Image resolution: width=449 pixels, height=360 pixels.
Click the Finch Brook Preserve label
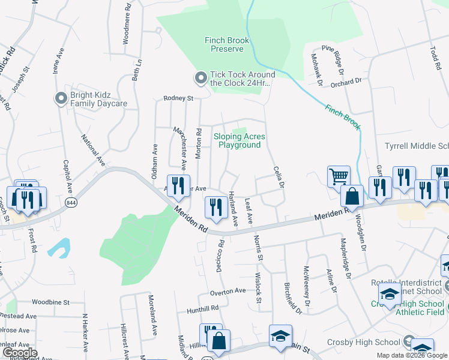click(227, 45)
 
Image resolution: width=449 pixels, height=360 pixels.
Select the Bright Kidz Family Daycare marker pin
click(59, 98)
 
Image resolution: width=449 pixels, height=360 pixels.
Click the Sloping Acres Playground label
click(240, 140)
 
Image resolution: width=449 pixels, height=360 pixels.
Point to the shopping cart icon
click(339, 177)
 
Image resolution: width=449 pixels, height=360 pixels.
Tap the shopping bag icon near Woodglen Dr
click(352, 196)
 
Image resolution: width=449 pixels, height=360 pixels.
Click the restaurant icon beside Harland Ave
click(215, 207)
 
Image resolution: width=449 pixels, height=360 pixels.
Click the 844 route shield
click(71, 200)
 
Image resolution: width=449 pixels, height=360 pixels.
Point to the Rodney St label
click(178, 98)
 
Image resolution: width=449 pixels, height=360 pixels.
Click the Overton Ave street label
click(228, 291)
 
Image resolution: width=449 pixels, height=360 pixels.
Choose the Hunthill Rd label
click(202, 308)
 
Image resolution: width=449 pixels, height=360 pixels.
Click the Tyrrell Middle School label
click(417, 146)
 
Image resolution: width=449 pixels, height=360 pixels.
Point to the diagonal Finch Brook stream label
click(343, 117)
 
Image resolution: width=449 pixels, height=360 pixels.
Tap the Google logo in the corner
click(19, 353)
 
